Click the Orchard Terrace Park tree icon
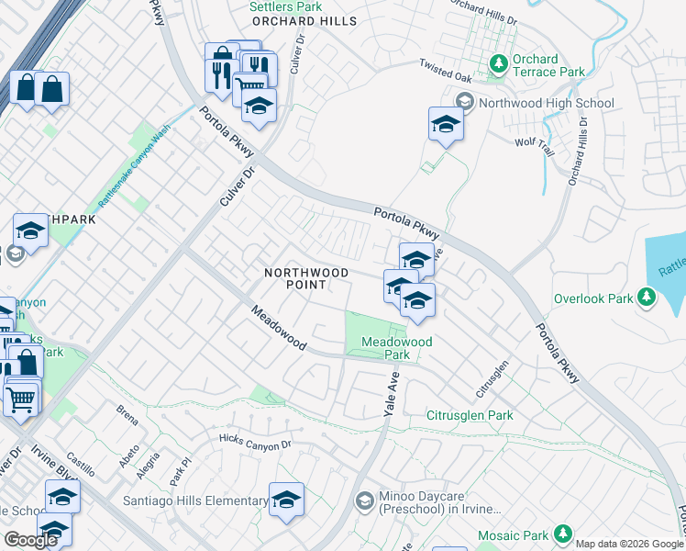pos(499,64)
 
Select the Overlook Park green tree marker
pos(647,298)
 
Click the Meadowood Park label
pos(396,348)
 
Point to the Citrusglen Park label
pos(470,415)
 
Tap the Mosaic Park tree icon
pos(564,534)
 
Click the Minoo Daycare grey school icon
pos(364,500)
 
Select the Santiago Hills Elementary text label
pos(195,500)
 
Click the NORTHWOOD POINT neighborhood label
pos(306,278)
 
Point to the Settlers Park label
pos(285,6)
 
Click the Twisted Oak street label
pos(444,65)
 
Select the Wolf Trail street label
pos(530,141)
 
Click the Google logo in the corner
pos(30,539)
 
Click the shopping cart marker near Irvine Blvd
pos(20,399)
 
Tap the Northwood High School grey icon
pos(464,102)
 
